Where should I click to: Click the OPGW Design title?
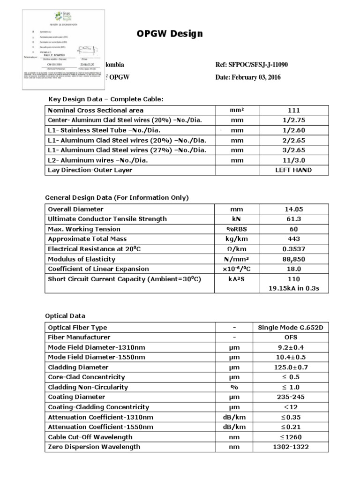click(x=170, y=34)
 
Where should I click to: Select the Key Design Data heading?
click(x=105, y=99)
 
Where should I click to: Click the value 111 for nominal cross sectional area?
click(x=294, y=110)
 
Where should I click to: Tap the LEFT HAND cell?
click(x=294, y=170)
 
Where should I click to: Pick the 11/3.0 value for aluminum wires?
click(x=294, y=160)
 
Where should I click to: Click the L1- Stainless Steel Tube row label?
click(x=111, y=130)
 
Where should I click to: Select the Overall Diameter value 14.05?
click(x=294, y=209)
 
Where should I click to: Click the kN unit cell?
click(x=237, y=219)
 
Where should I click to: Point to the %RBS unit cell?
click(x=237, y=229)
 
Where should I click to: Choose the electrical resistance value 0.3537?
click(x=294, y=249)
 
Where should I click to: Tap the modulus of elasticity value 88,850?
click(x=294, y=259)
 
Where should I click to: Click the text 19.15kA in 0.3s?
click(x=294, y=288)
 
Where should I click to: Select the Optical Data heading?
click(x=65, y=316)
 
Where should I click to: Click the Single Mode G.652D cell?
click(x=294, y=328)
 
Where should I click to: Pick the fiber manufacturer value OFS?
click(x=294, y=337)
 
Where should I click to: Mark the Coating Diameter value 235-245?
click(x=294, y=397)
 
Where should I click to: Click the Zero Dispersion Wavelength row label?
click(x=94, y=447)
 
